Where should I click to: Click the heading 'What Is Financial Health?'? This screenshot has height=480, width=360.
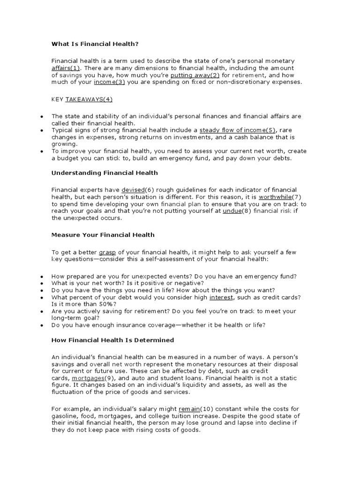pos(95,44)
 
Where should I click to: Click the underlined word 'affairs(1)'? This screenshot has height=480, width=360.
pos(65,68)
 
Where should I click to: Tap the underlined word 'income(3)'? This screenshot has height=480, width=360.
pos(109,82)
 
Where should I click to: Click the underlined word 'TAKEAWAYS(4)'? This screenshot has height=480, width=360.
pos(89,99)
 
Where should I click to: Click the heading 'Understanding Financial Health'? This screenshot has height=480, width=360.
pos(105,173)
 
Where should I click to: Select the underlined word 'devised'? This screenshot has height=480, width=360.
pos(133,190)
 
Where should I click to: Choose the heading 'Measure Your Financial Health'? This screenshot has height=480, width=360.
pos(103,235)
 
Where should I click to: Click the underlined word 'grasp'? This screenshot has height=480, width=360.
pos(107,252)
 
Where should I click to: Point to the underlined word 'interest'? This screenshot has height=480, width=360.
pos(221,297)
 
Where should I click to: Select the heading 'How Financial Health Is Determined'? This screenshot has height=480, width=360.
pos(112,340)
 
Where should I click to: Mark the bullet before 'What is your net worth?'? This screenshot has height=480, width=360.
pos(42,284)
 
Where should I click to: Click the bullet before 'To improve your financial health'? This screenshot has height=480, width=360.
pos(42,151)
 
